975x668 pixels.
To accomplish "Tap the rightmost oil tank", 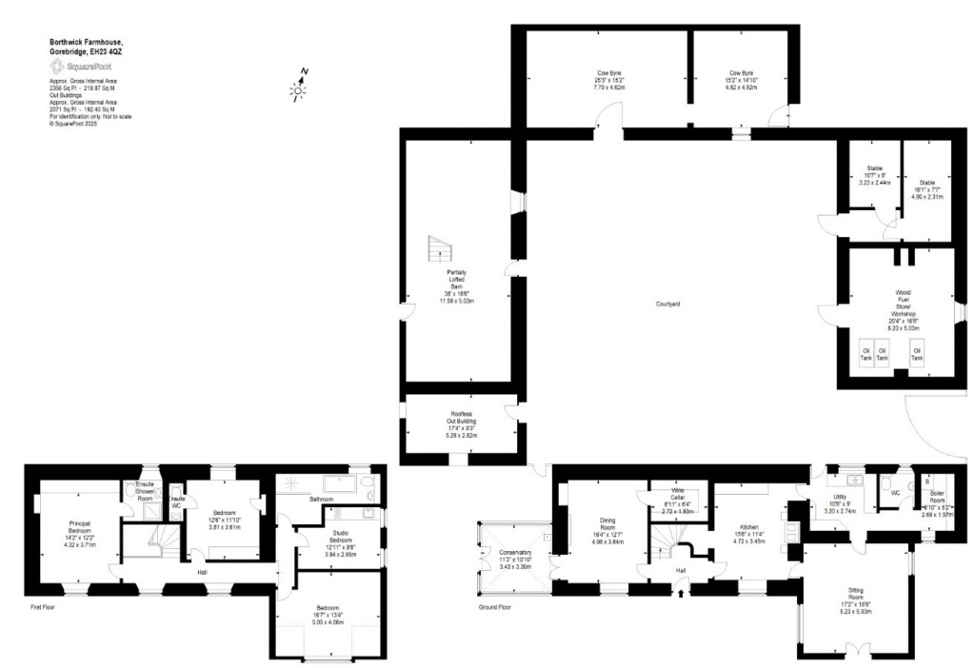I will pos(916,353).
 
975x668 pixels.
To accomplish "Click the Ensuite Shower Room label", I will pos(145,491).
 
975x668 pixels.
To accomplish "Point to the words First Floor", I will pos(42,605).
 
